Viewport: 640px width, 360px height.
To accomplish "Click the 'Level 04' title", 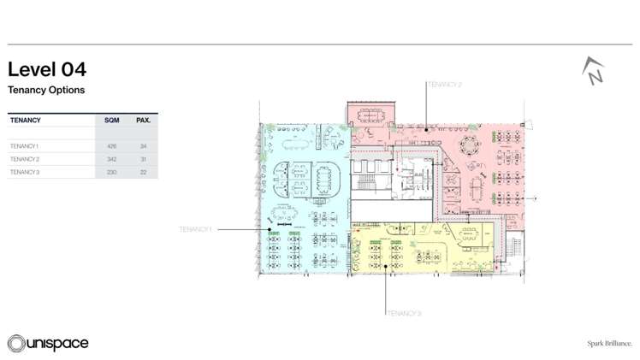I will (47, 69).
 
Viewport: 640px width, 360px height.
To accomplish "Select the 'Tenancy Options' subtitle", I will (46, 90).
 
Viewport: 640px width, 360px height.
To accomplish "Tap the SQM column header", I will (111, 121).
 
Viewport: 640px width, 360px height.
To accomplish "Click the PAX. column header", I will (143, 121).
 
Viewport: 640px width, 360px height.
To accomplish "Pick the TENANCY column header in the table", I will (26, 121).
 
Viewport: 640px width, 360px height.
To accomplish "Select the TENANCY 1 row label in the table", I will (25, 146).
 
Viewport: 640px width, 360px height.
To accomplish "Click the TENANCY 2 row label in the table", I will (25, 159).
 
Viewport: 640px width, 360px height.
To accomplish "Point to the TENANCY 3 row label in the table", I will (25, 172).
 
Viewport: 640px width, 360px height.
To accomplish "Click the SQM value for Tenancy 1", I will (111, 146).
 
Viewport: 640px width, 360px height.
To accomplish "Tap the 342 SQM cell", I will (111, 159).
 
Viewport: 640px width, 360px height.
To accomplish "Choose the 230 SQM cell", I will (111, 172).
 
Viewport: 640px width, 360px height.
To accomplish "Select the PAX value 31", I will (143, 159).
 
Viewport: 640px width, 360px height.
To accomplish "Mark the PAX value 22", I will (143, 172).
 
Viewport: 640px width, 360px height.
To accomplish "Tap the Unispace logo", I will (48, 343).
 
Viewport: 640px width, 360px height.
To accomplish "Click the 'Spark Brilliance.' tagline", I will (609, 343).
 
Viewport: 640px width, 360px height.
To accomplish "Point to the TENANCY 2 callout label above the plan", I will (444, 85).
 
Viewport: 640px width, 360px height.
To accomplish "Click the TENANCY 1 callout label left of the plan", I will (195, 229).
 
